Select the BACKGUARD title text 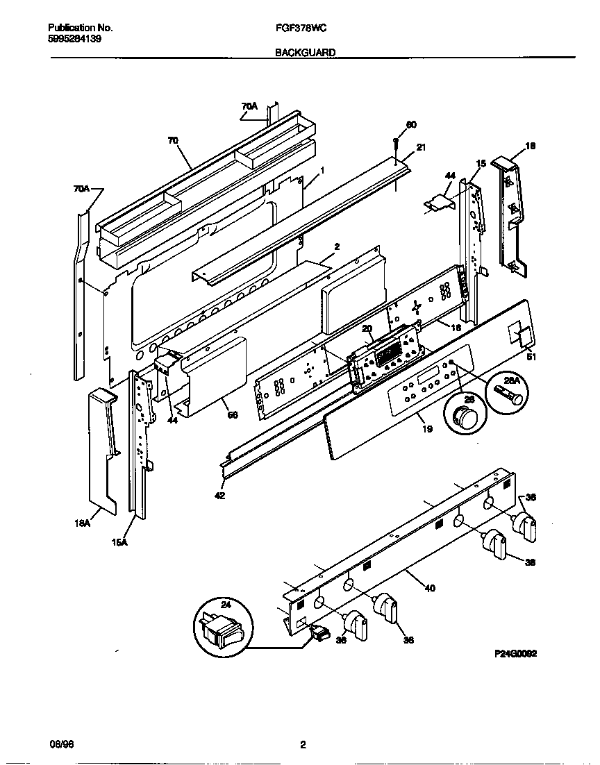click(306, 52)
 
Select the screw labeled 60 click(395, 143)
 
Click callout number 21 click(420, 146)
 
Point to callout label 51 click(531, 358)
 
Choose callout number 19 click(427, 429)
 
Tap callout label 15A click(119, 542)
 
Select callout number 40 click(430, 589)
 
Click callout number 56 click(233, 415)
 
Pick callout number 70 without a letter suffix click(173, 140)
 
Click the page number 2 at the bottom click(302, 746)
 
